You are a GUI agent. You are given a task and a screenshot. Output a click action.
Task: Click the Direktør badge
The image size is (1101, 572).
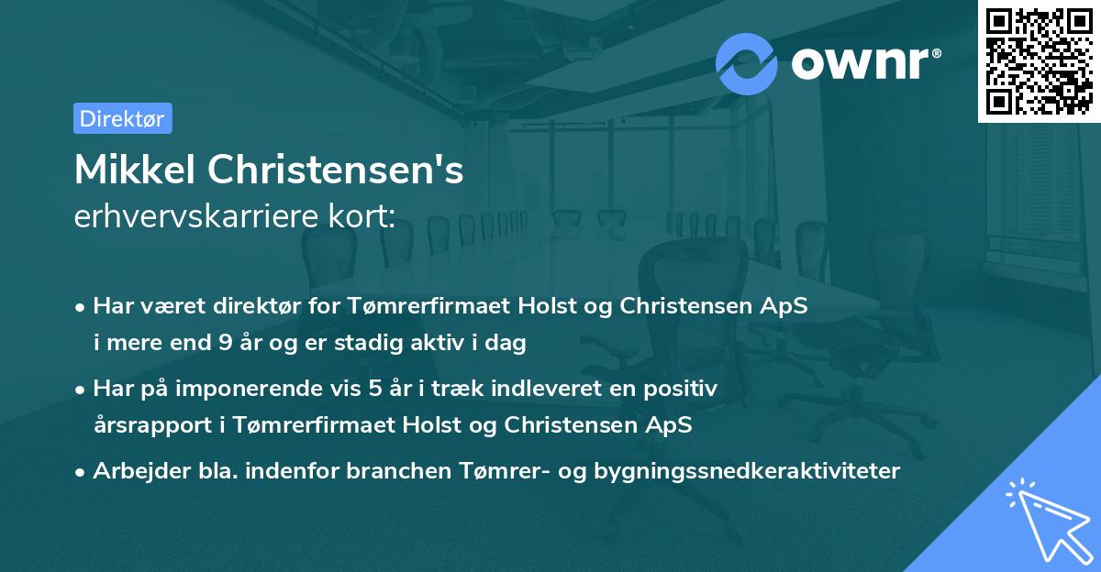click(x=122, y=118)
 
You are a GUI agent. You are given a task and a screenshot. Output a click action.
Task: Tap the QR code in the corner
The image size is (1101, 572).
click(x=1039, y=60)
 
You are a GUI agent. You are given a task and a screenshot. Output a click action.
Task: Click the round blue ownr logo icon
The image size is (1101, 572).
click(x=747, y=63)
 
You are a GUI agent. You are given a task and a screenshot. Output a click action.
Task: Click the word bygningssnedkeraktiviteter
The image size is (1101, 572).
click(x=747, y=471)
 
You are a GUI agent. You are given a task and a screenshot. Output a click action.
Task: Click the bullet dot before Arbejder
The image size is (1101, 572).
click(x=81, y=472)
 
